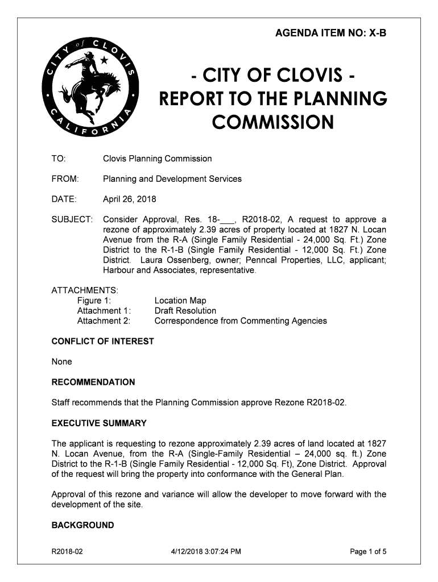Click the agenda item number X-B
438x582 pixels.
(378, 34)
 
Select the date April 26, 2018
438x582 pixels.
(129, 199)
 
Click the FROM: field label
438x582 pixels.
(65, 179)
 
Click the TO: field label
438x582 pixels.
(59, 159)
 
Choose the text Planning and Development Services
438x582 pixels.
(172, 179)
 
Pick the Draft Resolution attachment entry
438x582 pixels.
(185, 311)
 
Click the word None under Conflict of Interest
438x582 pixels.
(62, 362)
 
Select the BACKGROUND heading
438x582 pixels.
(82, 525)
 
